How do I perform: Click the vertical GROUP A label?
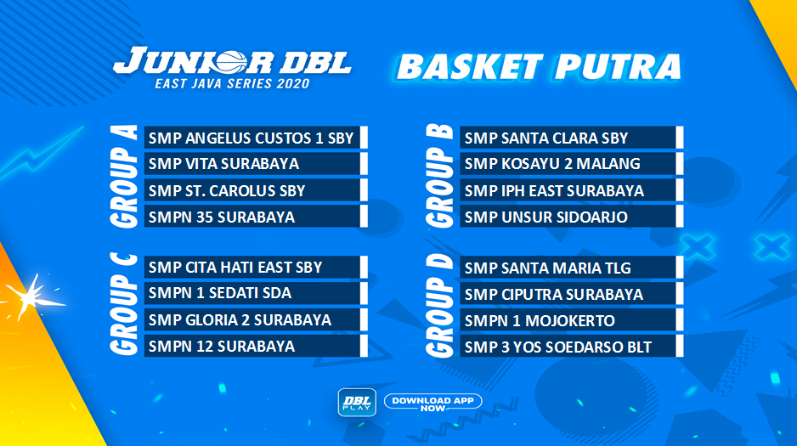(124, 176)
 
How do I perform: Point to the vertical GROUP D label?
(439, 306)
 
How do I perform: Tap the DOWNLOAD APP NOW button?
(433, 402)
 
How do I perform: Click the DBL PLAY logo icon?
(358, 403)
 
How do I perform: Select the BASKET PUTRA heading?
(539, 67)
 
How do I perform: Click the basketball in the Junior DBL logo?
(231, 63)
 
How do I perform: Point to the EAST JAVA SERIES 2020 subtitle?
(232, 83)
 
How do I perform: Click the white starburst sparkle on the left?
(31, 298)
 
